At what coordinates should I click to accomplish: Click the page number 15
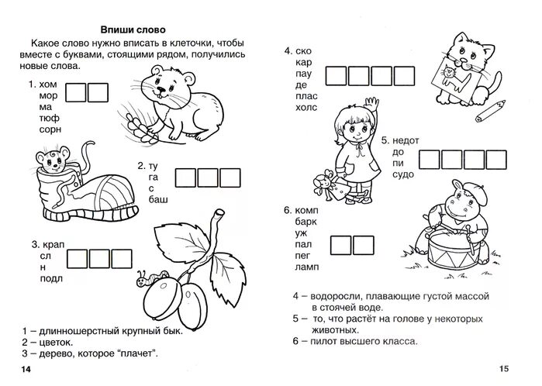pos(506,367)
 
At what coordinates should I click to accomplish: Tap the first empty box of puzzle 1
pos(75,94)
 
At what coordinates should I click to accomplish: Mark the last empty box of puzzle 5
pos(501,160)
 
